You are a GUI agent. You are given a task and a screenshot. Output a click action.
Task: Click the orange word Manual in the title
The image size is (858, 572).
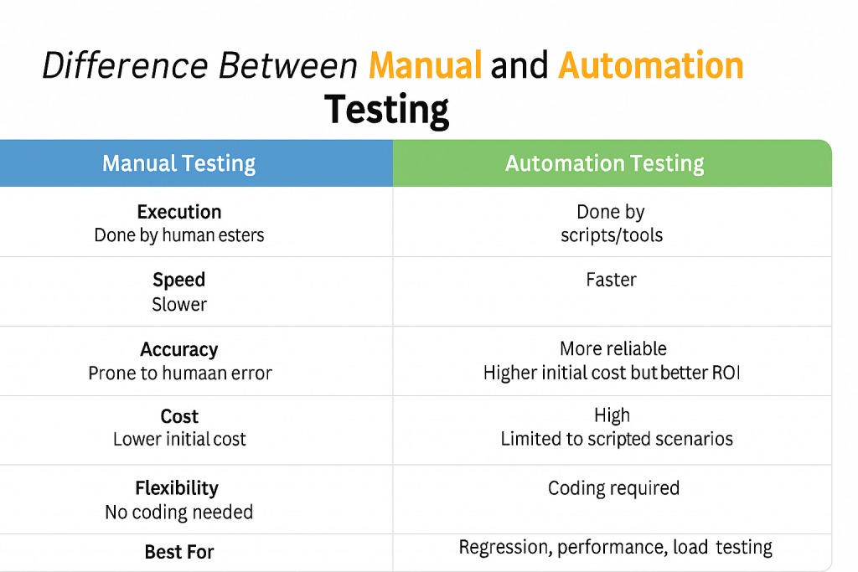[425, 65]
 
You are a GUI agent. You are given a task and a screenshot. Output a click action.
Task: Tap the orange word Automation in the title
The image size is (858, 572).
[651, 65]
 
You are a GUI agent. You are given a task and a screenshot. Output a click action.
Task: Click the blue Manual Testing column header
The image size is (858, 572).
[178, 163]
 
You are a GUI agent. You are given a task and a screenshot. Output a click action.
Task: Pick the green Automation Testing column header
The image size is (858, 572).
[604, 163]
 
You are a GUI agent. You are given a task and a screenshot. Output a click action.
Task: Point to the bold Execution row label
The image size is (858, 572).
[179, 212]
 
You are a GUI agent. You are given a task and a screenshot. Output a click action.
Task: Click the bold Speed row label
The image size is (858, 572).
[179, 280]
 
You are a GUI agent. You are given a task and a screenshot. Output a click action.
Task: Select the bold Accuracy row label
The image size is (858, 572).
[179, 349]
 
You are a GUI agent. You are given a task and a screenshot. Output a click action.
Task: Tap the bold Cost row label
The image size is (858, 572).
[179, 416]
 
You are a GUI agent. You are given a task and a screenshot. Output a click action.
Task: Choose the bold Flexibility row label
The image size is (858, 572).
[177, 487]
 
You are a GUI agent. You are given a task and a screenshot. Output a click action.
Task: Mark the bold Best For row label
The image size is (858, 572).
[179, 552]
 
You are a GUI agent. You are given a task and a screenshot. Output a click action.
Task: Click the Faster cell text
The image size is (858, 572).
[611, 280]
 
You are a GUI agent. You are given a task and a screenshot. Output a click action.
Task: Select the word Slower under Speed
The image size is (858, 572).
[179, 304]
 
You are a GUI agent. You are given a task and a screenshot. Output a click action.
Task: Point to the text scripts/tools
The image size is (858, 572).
[612, 235]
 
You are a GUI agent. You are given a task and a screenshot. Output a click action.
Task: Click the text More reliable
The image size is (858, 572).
[613, 348]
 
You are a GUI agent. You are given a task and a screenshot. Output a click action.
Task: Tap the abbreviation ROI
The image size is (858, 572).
[726, 373]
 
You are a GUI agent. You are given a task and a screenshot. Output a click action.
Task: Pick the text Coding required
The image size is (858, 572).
[613, 487]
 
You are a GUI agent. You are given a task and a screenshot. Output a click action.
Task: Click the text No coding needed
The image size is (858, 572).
[179, 512]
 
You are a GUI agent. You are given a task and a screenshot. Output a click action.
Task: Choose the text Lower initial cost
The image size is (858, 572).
[179, 439]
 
